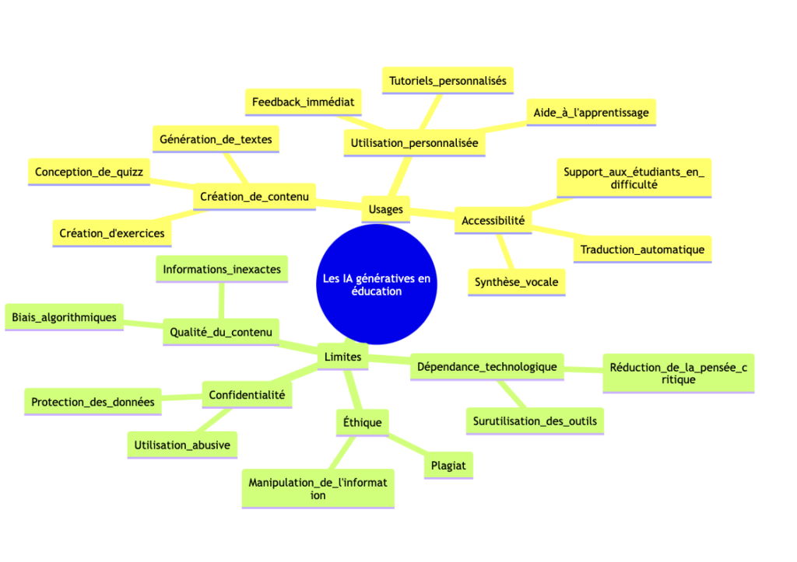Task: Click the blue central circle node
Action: tap(376, 284)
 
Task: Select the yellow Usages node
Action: tap(386, 209)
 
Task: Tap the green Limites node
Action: tap(342, 357)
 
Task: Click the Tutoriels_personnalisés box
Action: tap(448, 81)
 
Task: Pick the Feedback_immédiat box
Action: tap(304, 102)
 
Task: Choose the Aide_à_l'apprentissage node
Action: tap(592, 113)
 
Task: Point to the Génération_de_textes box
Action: tap(216, 139)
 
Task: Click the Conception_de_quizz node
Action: tap(89, 172)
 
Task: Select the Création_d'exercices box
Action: tap(112, 233)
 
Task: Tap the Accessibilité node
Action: tap(493, 221)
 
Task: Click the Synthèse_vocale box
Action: tap(517, 282)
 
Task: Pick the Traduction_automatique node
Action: tap(642, 250)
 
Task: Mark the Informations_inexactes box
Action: tap(222, 269)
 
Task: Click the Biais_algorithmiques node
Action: tap(64, 317)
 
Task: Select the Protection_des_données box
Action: tap(93, 402)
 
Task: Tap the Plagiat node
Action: tap(448, 466)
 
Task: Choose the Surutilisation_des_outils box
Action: tap(535, 421)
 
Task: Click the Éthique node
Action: tap(363, 422)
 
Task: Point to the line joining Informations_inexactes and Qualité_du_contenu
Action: tap(222, 301)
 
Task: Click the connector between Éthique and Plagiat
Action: tap(406, 444)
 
